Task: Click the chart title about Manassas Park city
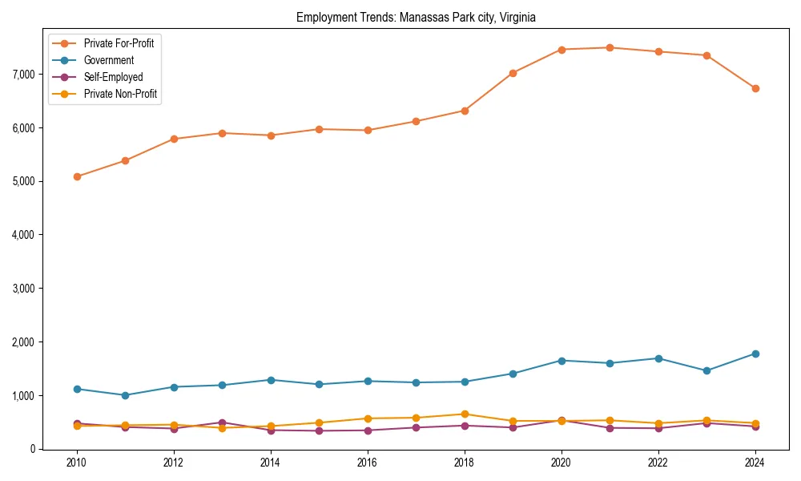(415, 17)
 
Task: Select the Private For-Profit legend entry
(119, 43)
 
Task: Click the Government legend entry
(108, 60)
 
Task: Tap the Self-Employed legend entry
(113, 77)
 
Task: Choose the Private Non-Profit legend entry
(120, 94)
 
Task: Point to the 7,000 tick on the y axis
(24, 74)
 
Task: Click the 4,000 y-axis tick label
(24, 235)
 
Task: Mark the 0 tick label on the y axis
(32, 449)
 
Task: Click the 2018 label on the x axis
(464, 463)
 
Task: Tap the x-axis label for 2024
(755, 463)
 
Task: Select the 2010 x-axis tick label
(77, 463)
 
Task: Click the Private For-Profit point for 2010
(77, 176)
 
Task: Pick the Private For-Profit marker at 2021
(610, 47)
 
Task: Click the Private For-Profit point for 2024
(755, 88)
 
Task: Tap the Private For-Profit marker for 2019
(513, 73)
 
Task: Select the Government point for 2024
(755, 354)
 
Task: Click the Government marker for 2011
(125, 395)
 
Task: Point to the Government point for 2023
(706, 370)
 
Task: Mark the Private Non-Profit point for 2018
(464, 414)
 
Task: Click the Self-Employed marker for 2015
(319, 430)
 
